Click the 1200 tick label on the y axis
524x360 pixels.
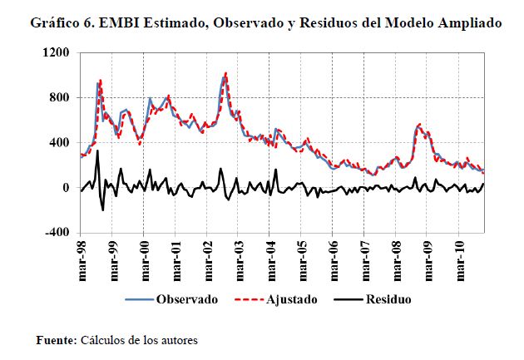(56, 53)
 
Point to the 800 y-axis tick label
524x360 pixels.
(59, 98)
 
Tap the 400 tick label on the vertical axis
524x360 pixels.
(59, 143)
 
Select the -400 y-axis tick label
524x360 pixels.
(57, 233)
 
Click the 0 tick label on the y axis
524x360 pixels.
(67, 188)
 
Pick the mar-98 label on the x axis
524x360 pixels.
(82, 261)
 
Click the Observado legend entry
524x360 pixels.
(187, 299)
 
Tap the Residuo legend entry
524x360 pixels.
(388, 299)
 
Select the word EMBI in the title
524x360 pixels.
(121, 23)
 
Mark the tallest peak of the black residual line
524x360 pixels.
(97, 151)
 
